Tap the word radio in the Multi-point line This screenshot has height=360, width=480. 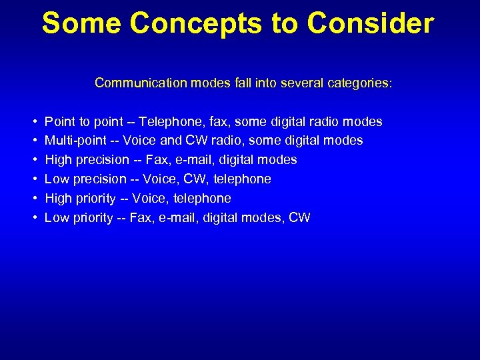pyautogui.click(x=227, y=141)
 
